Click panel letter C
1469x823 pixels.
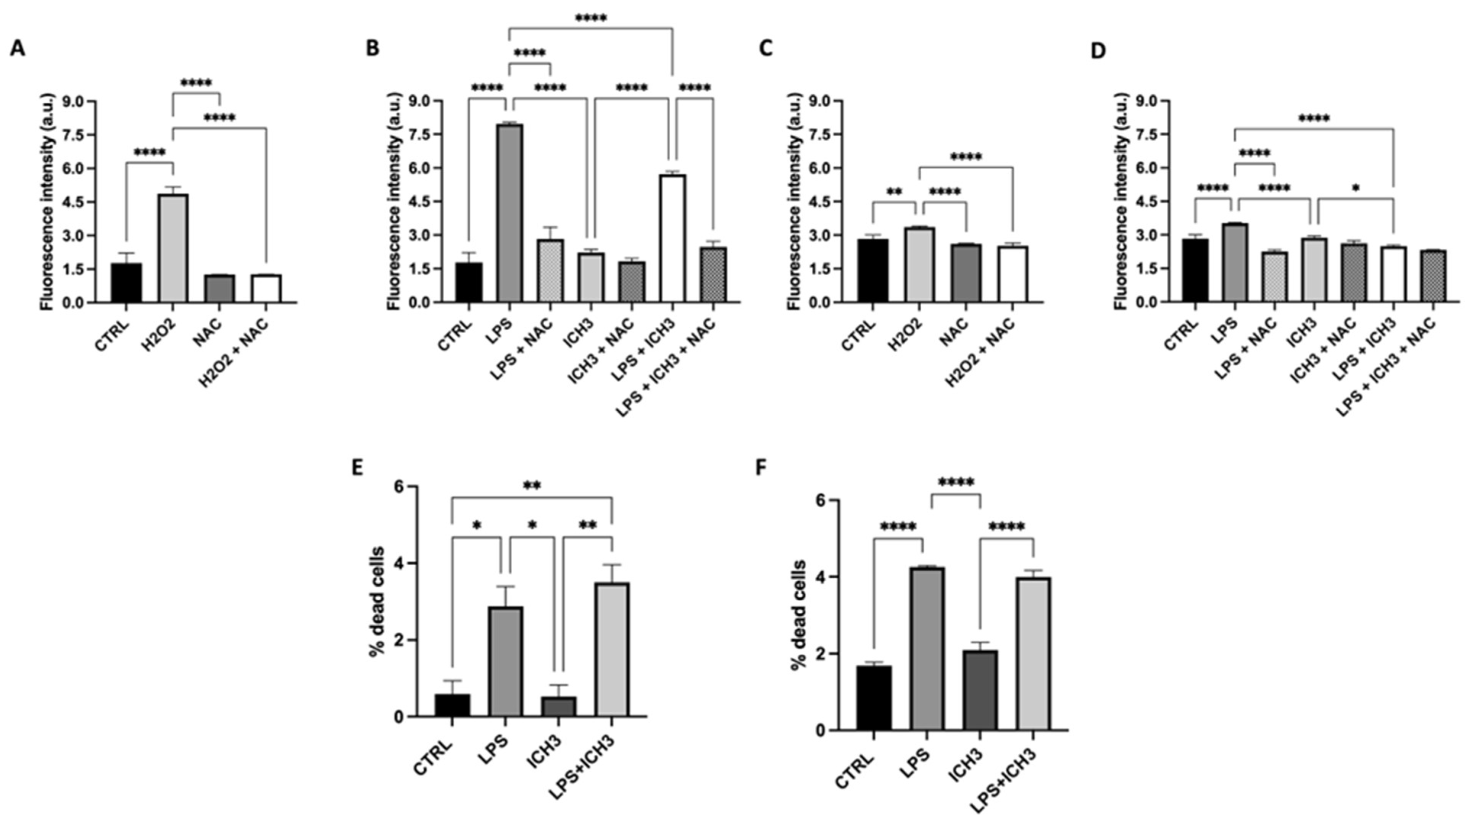[x=766, y=49]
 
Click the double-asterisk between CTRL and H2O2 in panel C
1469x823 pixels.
[x=894, y=192]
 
